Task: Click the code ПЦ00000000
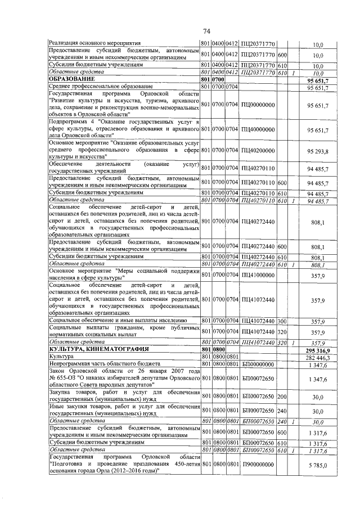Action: [258, 105]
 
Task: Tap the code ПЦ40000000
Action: [258, 130]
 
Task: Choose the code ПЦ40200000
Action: [258, 152]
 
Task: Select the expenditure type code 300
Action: [282, 321]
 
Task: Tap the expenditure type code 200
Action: [282, 396]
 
